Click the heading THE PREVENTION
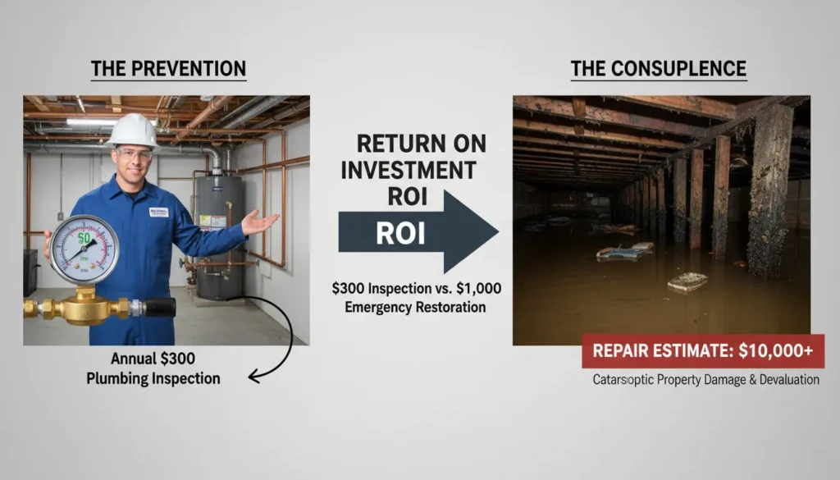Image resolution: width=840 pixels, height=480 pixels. [168, 68]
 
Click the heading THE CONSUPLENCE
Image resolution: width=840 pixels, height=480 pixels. [659, 68]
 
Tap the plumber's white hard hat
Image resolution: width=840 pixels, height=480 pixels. [132, 130]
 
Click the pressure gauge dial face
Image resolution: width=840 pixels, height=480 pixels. [84, 249]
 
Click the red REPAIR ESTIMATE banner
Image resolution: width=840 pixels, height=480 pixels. [703, 351]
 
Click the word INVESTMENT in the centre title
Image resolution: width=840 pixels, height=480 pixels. [407, 171]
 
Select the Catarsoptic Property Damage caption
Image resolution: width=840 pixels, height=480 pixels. [705, 380]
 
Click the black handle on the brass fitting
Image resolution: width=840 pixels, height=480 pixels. [159, 308]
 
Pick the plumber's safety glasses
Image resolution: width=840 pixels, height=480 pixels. [135, 153]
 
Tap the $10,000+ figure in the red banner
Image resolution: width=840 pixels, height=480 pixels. [775, 351]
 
